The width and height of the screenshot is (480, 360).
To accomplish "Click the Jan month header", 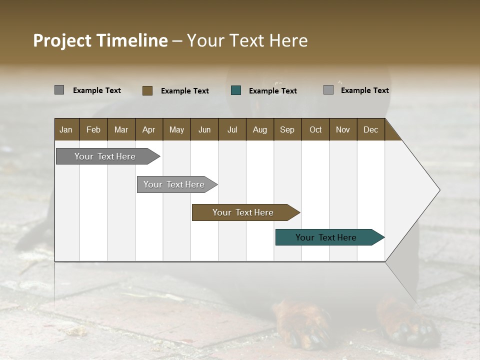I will pos(66,129).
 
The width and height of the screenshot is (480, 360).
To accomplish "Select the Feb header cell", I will pos(93,129).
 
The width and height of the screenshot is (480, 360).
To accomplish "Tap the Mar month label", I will pos(121,129).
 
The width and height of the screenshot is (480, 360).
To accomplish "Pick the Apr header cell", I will pos(149,129).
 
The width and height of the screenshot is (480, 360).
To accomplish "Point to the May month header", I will pos(176,129).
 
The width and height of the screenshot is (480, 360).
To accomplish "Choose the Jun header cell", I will pos(204,129).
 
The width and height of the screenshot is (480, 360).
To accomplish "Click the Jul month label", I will pos(232,129).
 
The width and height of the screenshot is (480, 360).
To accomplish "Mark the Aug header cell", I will pos(260,129).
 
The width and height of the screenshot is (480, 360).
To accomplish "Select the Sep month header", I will pos(287,129).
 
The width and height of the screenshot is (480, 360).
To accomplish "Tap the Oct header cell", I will pos(315,129).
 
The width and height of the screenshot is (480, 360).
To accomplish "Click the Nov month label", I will pos(343,129).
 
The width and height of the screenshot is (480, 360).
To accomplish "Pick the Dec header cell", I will pos(371,129).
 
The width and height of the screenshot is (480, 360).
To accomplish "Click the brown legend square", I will pos(147,90).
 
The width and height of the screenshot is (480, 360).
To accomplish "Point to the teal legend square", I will pos(236,90).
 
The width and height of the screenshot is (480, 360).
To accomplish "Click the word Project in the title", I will pos(62,40).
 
